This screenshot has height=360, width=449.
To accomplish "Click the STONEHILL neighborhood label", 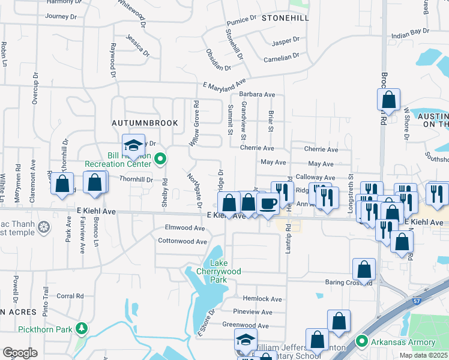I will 285,19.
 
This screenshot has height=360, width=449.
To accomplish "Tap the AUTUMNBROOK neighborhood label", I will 145,122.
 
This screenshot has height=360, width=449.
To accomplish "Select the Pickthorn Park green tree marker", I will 79,328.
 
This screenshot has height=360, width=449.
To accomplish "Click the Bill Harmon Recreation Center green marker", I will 160,159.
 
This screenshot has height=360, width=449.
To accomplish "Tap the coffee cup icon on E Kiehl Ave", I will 268,203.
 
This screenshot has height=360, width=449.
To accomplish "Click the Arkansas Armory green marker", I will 361,342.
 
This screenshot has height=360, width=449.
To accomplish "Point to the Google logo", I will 19,353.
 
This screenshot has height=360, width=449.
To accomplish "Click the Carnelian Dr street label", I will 281,58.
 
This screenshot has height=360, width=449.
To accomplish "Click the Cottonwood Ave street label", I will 182,241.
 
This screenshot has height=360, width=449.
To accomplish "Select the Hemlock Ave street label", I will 258,298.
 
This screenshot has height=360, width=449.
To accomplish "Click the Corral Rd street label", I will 70,296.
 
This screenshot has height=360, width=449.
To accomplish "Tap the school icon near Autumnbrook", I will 133,145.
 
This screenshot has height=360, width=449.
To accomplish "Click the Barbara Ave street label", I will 257,95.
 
